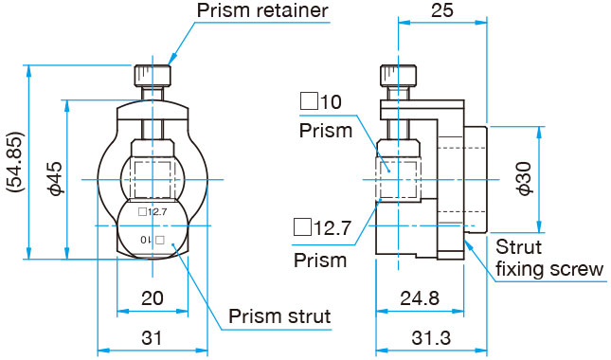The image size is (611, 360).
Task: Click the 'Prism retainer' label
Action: (x=261, y=10)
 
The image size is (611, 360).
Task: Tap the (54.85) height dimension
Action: (x=15, y=162)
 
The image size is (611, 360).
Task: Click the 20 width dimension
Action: (x=152, y=298)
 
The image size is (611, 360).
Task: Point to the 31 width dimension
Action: (x=152, y=338)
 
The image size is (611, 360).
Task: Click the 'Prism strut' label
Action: (x=279, y=316)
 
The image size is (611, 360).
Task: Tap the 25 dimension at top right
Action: (x=442, y=10)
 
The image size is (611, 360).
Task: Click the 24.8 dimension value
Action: (x=420, y=298)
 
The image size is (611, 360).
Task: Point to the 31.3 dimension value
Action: (x=431, y=338)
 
